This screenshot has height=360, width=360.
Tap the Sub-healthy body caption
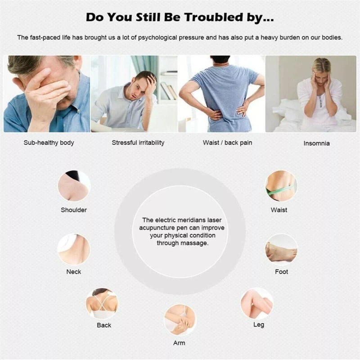pos(49,143)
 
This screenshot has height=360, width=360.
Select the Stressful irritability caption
pos(138,143)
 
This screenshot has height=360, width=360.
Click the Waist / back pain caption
pos(227,143)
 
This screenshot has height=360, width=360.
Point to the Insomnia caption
pos(316,143)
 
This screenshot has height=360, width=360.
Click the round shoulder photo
pos(74,186)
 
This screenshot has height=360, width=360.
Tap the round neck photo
pos(74,250)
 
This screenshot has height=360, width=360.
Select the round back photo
pos(102,303)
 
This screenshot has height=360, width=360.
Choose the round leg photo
pos(257,303)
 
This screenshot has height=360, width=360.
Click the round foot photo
pos(281,250)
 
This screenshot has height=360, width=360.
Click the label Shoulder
pos(74,210)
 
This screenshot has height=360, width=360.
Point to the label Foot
pos(282,272)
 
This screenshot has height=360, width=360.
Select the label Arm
pos(179,343)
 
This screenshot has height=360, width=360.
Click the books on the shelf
pos(169,91)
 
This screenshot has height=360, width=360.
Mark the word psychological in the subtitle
pos(157,38)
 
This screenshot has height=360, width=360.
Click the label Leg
pos(259,325)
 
